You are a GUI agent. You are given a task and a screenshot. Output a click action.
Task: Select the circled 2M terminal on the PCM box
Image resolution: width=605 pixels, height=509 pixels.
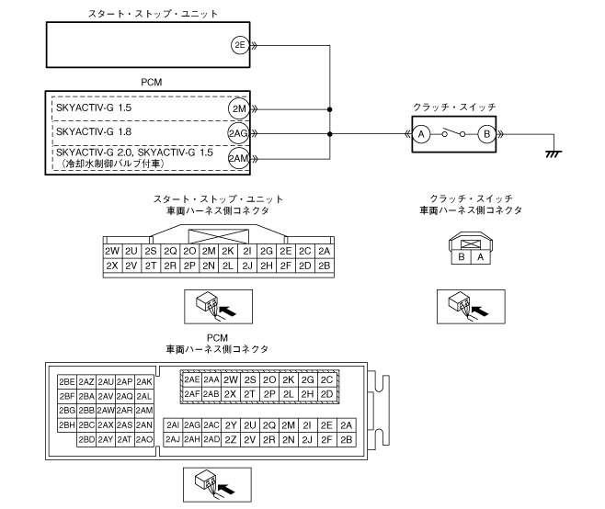[239, 108]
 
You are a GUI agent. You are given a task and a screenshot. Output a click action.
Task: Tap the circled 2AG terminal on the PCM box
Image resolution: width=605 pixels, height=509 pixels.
[239, 134]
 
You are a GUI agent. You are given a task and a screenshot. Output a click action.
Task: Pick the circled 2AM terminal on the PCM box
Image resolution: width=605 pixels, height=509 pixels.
[239, 157]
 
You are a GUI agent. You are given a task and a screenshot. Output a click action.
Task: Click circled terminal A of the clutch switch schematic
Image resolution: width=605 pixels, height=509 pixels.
[420, 134]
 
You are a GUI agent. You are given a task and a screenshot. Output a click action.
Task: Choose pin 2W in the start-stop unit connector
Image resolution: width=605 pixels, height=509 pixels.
[113, 251]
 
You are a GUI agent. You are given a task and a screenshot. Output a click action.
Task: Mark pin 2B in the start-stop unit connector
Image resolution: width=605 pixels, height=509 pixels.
[323, 266]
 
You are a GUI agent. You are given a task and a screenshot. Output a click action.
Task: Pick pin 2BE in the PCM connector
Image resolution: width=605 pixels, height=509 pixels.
[66, 381]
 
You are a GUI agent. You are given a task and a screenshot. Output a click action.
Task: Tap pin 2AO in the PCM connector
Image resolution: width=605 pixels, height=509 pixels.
[143, 440]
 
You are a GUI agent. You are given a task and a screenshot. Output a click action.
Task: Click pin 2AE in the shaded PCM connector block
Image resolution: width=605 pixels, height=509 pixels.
[192, 379]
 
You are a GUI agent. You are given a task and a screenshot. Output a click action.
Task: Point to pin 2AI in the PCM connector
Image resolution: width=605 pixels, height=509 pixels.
[173, 425]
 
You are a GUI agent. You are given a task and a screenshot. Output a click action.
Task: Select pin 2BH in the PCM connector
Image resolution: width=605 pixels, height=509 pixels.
[66, 425]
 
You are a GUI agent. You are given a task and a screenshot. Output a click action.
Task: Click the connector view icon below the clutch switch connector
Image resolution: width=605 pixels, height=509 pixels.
[471, 304]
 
